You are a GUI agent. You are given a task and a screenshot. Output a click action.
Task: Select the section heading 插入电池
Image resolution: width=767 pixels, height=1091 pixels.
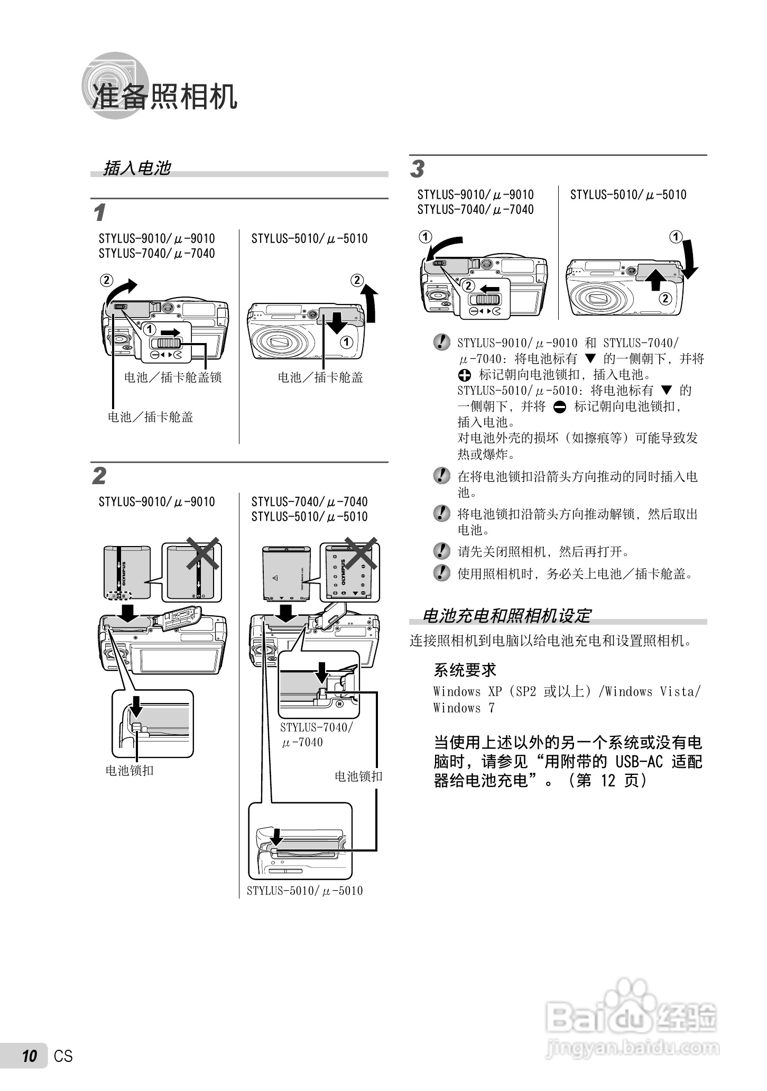(137, 168)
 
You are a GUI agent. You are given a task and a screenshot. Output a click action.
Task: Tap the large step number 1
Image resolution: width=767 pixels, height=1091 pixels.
(99, 213)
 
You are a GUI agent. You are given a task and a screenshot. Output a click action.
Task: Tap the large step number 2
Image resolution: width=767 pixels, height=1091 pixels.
(99, 476)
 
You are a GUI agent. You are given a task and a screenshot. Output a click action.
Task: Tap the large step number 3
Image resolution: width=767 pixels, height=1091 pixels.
(417, 169)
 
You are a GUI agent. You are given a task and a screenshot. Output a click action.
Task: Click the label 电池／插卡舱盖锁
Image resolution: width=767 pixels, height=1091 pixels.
(173, 377)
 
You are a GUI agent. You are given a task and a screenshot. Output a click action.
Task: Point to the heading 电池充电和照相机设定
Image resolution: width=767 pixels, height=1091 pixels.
(506, 616)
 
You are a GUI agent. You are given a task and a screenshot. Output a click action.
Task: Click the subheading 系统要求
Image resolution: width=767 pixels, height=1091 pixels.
(465, 670)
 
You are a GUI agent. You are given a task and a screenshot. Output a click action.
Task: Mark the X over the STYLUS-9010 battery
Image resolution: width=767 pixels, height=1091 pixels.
(202, 553)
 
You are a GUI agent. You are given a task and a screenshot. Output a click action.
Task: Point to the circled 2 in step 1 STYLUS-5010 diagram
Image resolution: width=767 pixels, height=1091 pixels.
(357, 280)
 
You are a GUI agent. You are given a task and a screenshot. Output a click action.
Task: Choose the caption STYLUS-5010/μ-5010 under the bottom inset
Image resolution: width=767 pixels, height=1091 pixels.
(305, 891)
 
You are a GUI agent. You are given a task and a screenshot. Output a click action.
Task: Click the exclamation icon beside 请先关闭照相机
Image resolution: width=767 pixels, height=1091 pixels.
(441, 551)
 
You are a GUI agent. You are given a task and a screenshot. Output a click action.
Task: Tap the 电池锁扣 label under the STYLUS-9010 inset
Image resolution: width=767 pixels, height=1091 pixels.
(130, 771)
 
